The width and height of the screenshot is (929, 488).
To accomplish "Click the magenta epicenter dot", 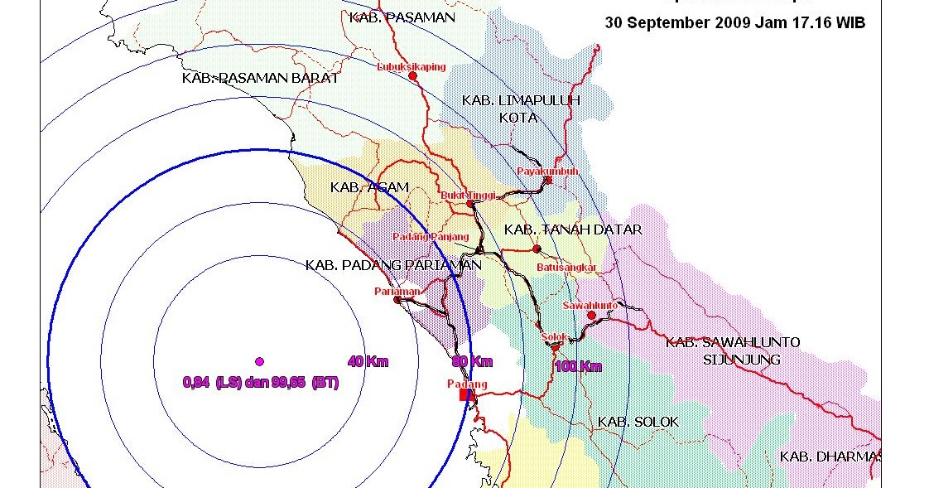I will (x=259, y=361).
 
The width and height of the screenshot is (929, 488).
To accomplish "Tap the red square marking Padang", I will (x=465, y=395).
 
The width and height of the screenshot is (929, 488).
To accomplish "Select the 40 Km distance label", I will (x=368, y=361).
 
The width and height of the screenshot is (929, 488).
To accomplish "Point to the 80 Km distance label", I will (x=472, y=361).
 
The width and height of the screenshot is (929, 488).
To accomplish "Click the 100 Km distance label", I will (x=579, y=366).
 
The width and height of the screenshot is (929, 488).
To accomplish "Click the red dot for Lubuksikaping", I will (x=412, y=75).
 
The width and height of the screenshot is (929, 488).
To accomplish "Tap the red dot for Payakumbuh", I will (x=548, y=180).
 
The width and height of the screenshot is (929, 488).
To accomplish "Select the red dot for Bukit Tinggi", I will (x=469, y=203).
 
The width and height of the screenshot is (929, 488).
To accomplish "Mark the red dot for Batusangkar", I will (x=537, y=249).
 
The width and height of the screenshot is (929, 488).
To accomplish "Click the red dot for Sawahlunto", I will (x=591, y=315).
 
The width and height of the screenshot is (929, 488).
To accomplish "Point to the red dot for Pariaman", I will (x=397, y=300).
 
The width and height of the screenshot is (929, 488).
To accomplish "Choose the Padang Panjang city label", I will (x=431, y=236).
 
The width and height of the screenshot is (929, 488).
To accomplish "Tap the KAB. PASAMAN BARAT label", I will (x=260, y=78).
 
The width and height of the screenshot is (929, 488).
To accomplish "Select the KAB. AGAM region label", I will (x=369, y=187).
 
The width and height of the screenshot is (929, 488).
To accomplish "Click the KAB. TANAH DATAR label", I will (x=573, y=230).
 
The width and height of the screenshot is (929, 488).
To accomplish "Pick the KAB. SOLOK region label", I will (x=638, y=422).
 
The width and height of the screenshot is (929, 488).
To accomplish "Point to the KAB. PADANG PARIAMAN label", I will (x=393, y=265).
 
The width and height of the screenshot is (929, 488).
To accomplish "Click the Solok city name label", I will (x=554, y=336).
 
